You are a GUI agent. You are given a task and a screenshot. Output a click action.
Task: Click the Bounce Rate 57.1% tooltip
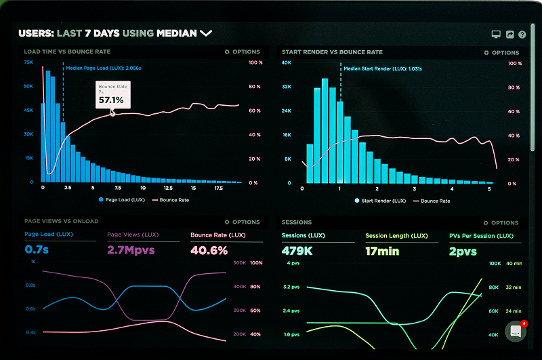click(x=112, y=95)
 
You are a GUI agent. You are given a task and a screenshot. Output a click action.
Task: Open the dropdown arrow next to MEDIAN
click(x=206, y=33)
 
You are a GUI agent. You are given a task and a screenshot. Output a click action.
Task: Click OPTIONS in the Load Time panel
click(x=242, y=52)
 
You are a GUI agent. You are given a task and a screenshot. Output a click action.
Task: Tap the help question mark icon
click(x=522, y=34)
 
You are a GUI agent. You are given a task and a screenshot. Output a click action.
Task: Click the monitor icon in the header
click(x=495, y=34)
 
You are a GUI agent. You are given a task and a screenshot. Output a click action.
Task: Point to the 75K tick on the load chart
click(x=28, y=62)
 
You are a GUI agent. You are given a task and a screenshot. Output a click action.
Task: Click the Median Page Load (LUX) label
click(x=104, y=68)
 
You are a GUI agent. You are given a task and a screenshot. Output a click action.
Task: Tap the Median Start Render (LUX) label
click(x=382, y=68)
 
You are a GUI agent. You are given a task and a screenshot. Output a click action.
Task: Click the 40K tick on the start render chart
click(x=287, y=62)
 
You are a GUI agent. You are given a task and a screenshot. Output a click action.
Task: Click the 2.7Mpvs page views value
click(x=131, y=250)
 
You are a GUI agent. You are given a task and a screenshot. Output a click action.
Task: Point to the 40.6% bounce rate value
click(x=209, y=250)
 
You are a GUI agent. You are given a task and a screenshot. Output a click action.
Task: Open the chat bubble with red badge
click(x=516, y=331)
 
